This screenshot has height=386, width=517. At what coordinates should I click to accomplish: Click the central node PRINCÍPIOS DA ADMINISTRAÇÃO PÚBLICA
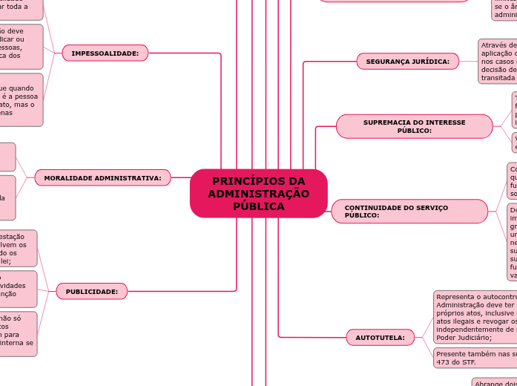coord(258,194)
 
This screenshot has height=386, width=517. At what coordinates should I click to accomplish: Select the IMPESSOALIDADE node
coord(105,53)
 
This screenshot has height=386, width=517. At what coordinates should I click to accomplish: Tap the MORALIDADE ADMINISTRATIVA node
coord(102,178)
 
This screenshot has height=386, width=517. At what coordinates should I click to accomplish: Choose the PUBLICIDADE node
coord(91,292)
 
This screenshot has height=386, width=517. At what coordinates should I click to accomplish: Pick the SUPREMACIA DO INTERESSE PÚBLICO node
coord(414,126)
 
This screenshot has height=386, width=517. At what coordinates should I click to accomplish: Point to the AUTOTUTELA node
coord(380,338)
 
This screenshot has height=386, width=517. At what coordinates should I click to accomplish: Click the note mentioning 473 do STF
coord(475,358)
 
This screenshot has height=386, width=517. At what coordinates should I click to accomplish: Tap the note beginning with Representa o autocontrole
coord(475,317)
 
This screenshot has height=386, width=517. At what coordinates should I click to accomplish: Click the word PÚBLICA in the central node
coord(258,206)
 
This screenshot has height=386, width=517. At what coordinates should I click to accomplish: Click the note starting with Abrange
coord(494,382)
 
